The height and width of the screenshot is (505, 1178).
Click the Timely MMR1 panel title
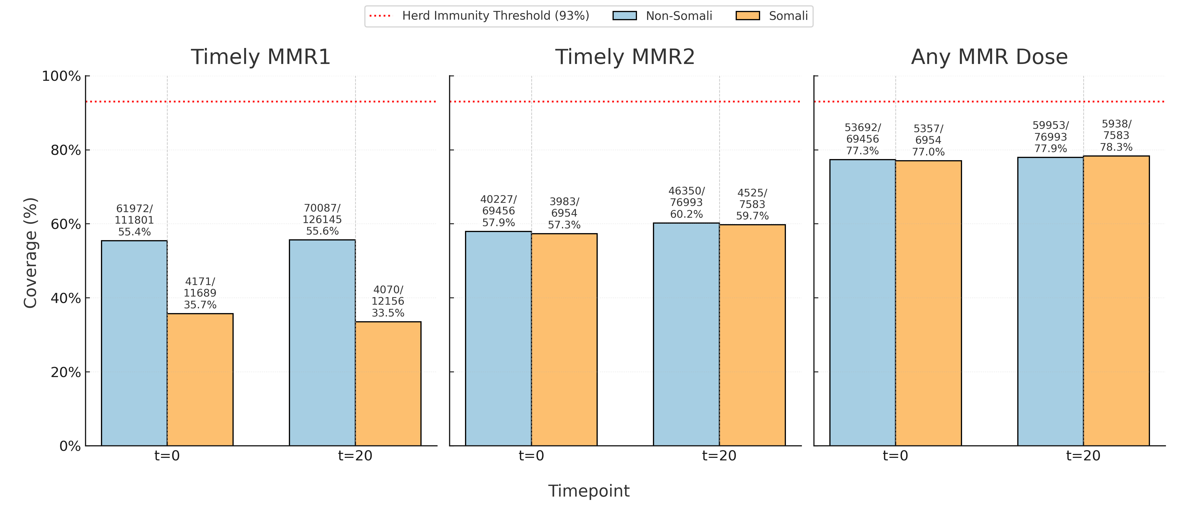click(260, 57)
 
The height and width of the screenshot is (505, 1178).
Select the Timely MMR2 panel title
click(625, 57)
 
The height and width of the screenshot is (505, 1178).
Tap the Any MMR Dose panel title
click(989, 57)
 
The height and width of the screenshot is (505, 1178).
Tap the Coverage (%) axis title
click(30, 253)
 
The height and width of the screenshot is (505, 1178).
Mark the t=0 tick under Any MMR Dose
click(895, 456)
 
